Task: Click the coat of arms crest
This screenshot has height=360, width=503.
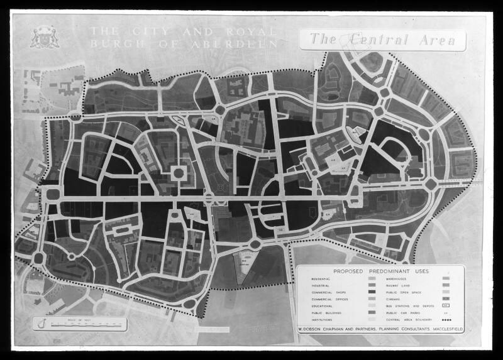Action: [45, 37]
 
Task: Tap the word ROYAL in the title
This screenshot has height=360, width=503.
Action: [249, 31]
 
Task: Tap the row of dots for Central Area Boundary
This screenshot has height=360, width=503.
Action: [447, 320]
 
